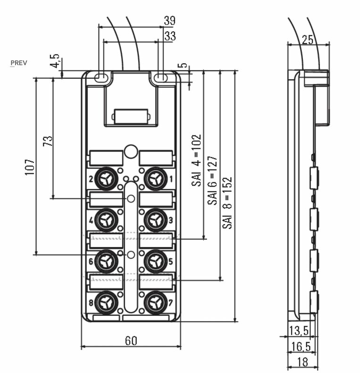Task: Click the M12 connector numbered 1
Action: [154, 179]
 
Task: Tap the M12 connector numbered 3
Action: [154, 219]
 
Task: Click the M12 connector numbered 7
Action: [154, 301]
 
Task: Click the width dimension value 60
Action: [131, 340]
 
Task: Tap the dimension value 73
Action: [48, 141]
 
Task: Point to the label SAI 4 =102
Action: [197, 161]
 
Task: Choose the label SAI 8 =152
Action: [228, 203]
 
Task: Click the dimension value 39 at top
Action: [169, 20]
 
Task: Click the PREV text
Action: [19, 63]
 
